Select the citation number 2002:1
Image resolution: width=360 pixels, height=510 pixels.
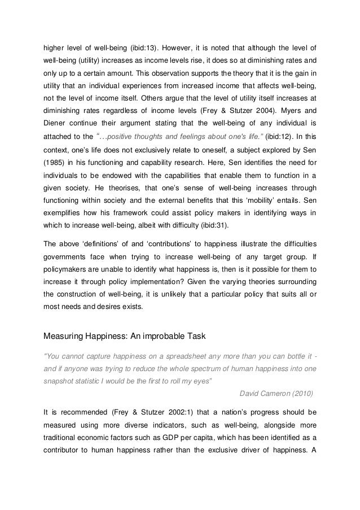click(x=150, y=413)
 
